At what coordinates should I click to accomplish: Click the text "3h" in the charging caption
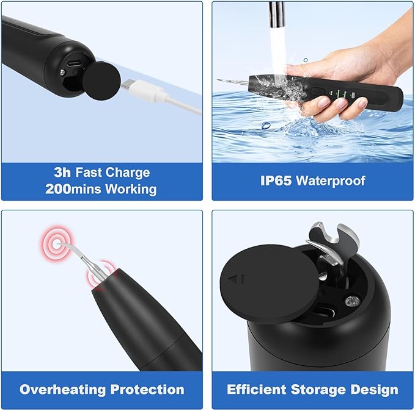[63, 173]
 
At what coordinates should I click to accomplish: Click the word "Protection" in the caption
[149, 389]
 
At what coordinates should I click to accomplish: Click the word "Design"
[376, 389]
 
